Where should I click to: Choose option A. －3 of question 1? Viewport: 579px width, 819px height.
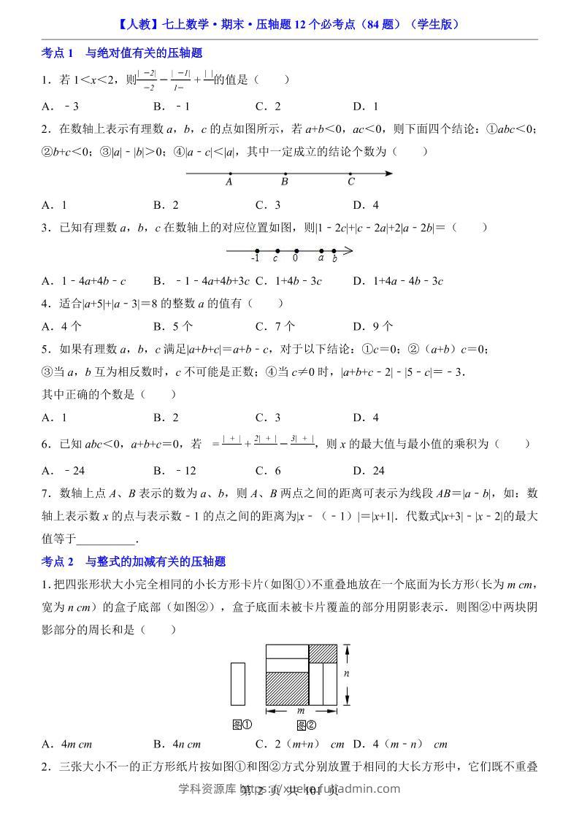pyautogui.click(x=61, y=106)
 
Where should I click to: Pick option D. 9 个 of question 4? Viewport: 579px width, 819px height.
pyautogui.click(x=372, y=326)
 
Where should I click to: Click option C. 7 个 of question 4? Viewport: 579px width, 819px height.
pyautogui.click(x=275, y=326)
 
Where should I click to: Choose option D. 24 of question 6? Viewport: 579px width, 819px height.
pyautogui.click(x=369, y=471)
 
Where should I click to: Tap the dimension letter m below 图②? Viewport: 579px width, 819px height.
pyautogui.click(x=301, y=710)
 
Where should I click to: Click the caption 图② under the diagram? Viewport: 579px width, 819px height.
pyautogui.click(x=306, y=725)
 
